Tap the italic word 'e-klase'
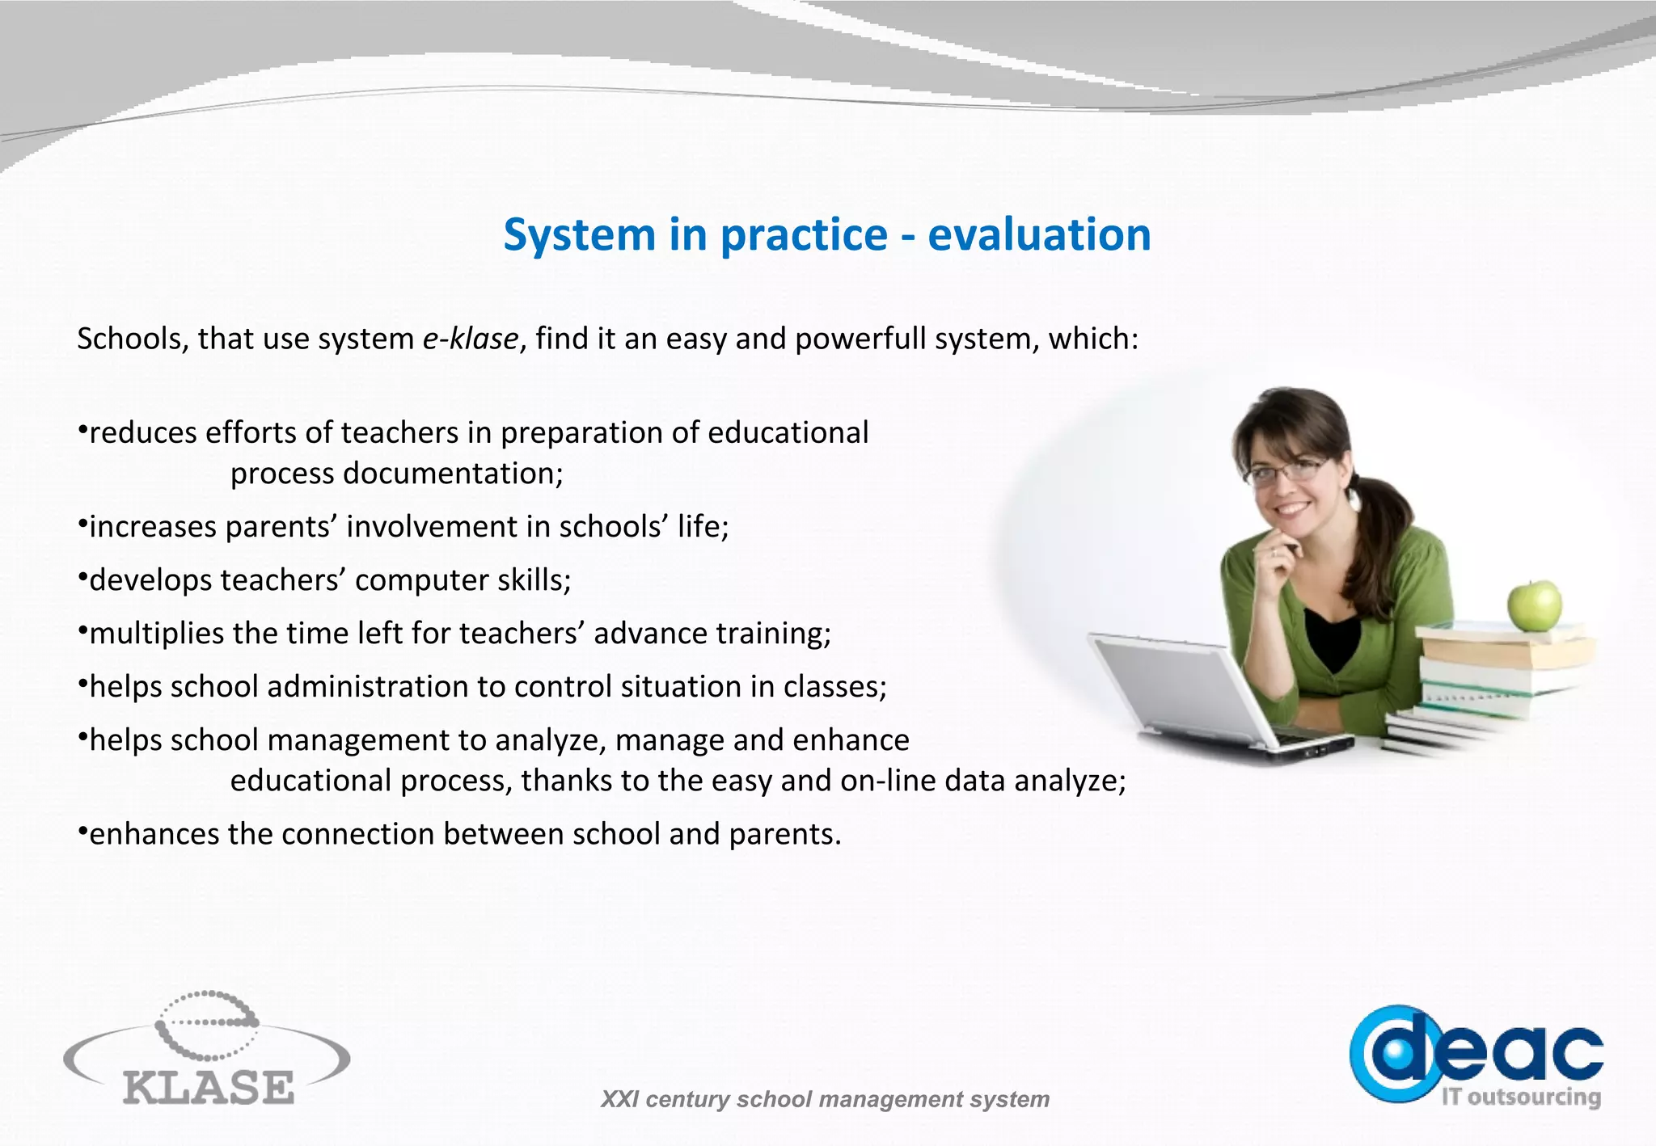(470, 339)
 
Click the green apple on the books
(1534, 605)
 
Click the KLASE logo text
(209, 1087)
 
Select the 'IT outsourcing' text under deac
(1521, 1097)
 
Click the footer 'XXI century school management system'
(825, 1099)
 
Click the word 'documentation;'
(453, 474)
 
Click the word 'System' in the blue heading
(579, 235)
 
